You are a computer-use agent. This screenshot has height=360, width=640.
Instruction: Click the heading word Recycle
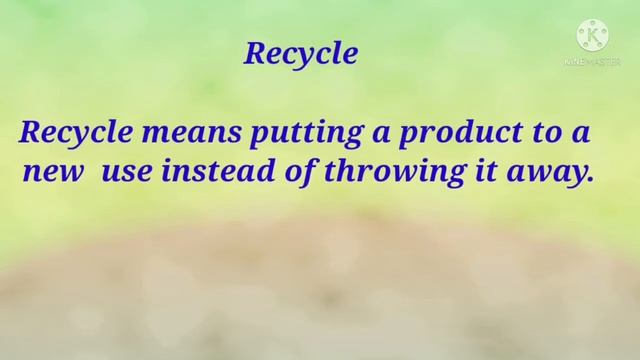click(300, 54)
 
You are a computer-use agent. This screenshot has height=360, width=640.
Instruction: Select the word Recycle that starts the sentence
click(70, 133)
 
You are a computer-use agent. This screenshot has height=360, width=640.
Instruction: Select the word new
click(45, 172)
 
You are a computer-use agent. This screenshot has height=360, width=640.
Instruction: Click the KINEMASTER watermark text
click(593, 62)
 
